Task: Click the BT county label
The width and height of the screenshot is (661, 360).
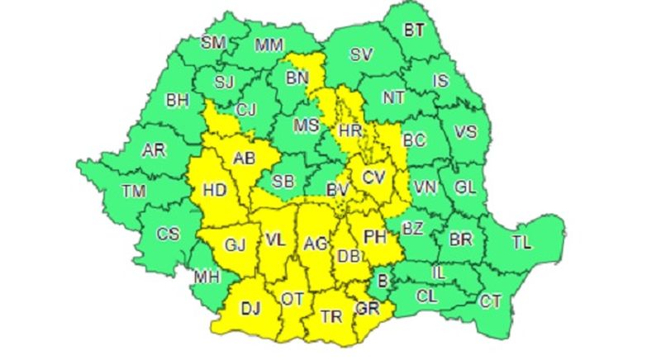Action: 413,31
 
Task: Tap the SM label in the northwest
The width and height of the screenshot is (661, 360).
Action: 215,42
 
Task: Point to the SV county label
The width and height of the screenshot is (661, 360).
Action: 360,55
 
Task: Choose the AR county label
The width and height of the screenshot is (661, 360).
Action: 153,151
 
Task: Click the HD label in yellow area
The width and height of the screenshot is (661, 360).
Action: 214,190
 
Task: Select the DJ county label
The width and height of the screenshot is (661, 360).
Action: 250,308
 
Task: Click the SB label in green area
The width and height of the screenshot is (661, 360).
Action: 283,181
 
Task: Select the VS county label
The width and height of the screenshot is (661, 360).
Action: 467,131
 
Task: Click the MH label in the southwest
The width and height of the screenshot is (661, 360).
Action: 207,277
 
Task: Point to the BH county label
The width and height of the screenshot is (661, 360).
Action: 178,101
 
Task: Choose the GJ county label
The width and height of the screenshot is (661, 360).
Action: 235,245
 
